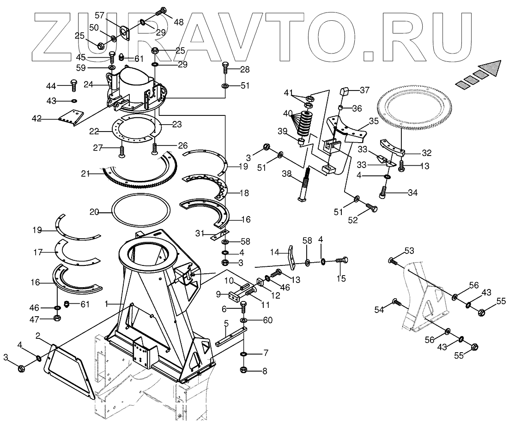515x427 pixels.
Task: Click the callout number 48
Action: pyautogui.click(x=178, y=22)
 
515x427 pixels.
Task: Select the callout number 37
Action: pyautogui.click(x=365, y=90)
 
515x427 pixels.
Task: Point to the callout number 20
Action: pyautogui.click(x=94, y=212)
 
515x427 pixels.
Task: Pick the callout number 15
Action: pyautogui.click(x=341, y=278)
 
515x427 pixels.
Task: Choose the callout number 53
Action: pyautogui.click(x=409, y=251)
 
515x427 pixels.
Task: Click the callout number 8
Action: pyautogui.click(x=265, y=370)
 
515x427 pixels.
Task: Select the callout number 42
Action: pyautogui.click(x=36, y=119)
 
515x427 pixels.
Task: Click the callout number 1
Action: pyautogui.click(x=106, y=304)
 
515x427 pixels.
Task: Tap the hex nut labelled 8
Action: pyautogui.click(x=243, y=370)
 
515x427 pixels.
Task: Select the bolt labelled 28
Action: pyautogui.click(x=225, y=67)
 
